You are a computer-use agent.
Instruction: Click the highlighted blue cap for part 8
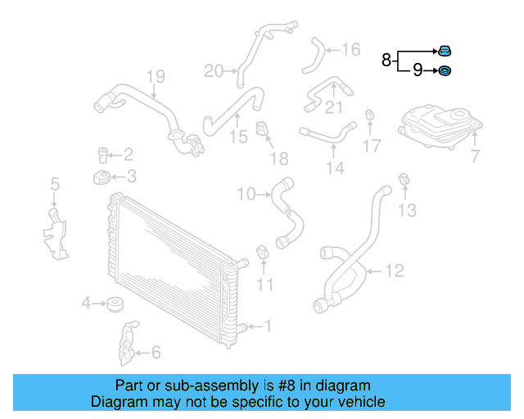tap(444, 51)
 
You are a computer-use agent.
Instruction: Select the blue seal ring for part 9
tap(444, 71)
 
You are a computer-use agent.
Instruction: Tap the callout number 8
tap(386, 60)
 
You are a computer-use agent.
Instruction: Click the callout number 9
tap(418, 70)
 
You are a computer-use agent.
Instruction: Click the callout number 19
tap(156, 76)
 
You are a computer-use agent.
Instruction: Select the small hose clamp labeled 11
tap(263, 252)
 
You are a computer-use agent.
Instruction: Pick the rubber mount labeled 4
tap(115, 304)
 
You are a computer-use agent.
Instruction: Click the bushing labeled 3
tap(102, 177)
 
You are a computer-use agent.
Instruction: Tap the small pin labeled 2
tap(102, 155)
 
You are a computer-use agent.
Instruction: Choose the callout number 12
tap(395, 271)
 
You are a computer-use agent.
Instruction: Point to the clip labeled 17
tap(369, 115)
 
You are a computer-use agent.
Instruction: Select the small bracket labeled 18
tap(262, 128)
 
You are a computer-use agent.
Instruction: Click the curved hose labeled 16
tap(314, 56)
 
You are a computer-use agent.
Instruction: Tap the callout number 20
tap(213, 71)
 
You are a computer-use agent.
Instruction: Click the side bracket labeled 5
tap(56, 234)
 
